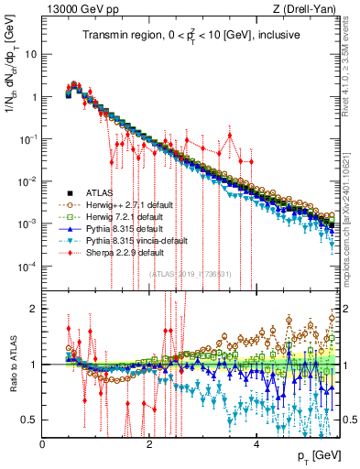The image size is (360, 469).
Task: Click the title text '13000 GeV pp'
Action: point(75,9)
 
